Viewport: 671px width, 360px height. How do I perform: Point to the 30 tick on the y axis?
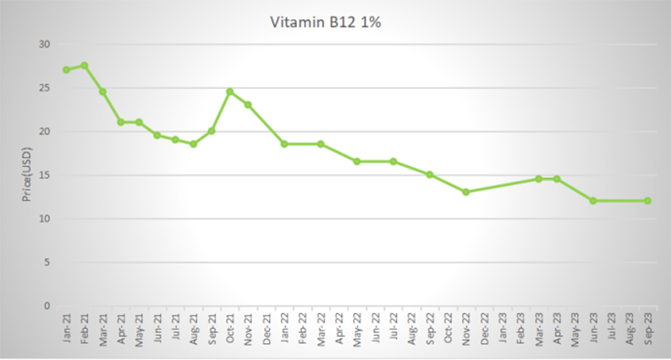[x=44, y=44]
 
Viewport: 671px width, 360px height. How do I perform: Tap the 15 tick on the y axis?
[x=44, y=175]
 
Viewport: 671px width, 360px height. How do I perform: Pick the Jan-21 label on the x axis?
[x=66, y=326]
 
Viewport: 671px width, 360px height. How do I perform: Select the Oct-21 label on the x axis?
[x=230, y=326]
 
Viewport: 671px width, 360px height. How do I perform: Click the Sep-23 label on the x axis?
[x=648, y=326]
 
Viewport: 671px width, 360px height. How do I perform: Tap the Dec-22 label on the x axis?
[x=484, y=326]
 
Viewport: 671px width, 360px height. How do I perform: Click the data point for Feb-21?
[x=85, y=65]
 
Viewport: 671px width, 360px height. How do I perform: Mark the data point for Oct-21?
[x=230, y=91]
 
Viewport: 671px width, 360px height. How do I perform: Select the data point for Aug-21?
[x=194, y=144]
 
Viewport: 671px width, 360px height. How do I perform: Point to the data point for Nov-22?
[x=466, y=192]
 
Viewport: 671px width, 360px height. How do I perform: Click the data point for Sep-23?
[x=648, y=201]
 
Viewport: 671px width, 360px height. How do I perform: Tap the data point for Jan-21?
[x=66, y=70]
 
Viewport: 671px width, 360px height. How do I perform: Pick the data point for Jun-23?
[x=593, y=201]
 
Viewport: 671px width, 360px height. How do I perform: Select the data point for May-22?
[x=356, y=161]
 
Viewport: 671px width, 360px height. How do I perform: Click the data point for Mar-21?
[x=102, y=91]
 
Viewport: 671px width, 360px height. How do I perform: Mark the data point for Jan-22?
[x=284, y=144]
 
